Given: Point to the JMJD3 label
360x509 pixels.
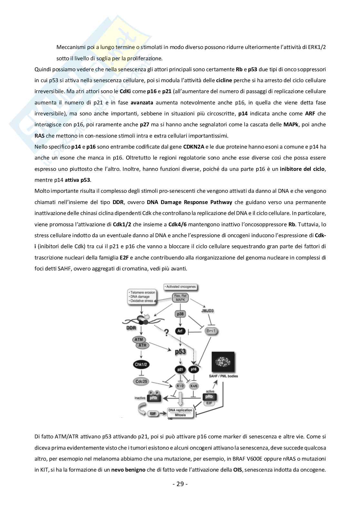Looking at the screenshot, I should tap(216, 311).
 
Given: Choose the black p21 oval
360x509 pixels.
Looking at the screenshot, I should tap(180, 369).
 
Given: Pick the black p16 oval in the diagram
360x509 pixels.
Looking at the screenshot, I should tap(194, 369).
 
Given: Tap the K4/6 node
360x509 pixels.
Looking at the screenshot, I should tap(194, 386).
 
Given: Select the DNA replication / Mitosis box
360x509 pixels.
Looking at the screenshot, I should tap(181, 412).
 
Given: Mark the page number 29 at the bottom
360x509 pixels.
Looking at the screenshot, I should tap(180, 484).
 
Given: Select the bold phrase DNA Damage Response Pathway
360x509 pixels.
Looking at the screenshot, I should tap(189, 202).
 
